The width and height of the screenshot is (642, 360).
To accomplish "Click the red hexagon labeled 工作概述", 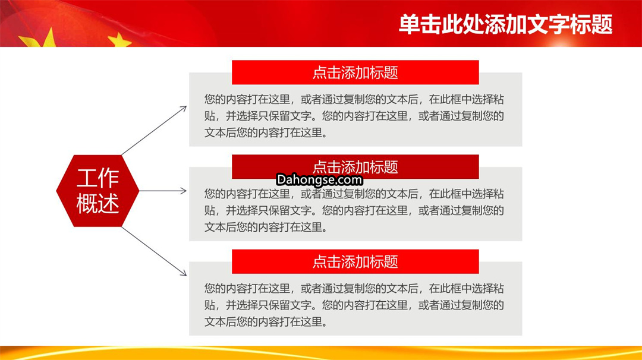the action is coord(97,191).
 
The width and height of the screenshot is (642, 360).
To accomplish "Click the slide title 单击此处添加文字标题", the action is coord(506,24).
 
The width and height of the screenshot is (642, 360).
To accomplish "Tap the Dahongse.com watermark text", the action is coord(319,179).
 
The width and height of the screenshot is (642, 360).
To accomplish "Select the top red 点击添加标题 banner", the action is coord(355,72).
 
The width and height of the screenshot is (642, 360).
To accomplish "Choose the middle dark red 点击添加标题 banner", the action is coord(355,166).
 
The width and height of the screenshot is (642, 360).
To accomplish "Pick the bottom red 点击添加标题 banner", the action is coord(355,261).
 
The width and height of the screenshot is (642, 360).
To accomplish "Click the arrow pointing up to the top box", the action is coord(155,131).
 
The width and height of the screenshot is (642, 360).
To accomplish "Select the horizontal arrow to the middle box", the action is coord(163,191).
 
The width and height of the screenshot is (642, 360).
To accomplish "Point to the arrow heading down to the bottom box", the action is coord(155,252).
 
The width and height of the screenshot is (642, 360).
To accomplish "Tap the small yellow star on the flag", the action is coord(119,40).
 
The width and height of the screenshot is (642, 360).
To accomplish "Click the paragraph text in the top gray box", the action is coord(354,116).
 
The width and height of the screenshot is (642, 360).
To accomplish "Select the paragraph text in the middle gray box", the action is coord(354,211).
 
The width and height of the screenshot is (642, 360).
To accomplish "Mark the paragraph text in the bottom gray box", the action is coord(354,305).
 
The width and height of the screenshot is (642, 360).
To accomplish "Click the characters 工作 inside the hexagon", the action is coord(98,178).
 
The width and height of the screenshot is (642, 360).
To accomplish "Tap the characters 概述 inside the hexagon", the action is coord(98,203).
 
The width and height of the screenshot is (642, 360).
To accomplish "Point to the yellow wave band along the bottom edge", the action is coord(321,353).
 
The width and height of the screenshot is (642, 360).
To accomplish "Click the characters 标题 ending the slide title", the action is coord(591,24).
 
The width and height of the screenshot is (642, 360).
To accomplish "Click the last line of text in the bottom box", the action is coord(266,322).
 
